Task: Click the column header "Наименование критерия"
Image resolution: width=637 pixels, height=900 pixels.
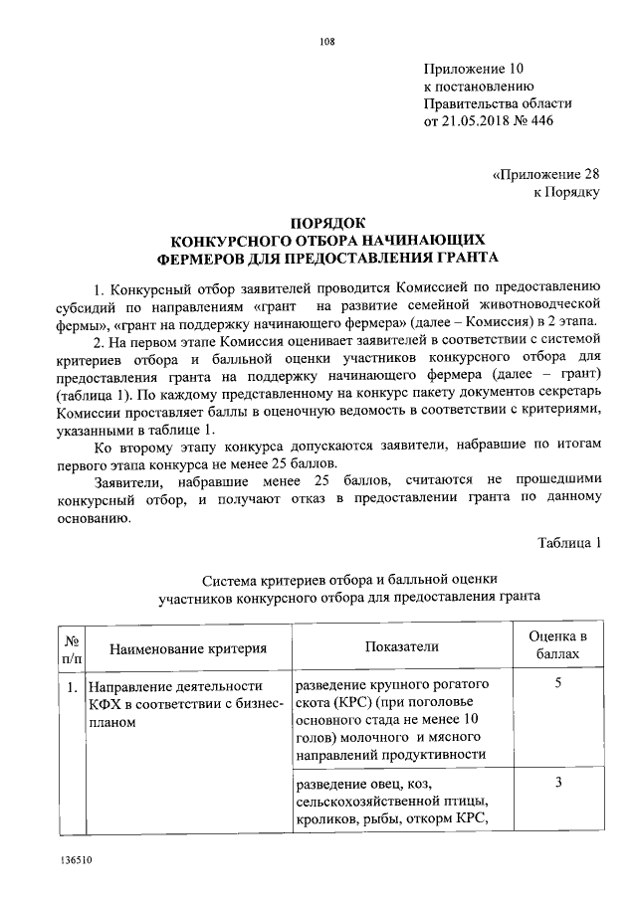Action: (188, 648)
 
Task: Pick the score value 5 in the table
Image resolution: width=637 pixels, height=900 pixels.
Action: (557, 685)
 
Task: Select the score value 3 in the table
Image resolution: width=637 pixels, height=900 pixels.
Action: (557, 783)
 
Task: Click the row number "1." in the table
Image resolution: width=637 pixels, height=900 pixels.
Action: (73, 687)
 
